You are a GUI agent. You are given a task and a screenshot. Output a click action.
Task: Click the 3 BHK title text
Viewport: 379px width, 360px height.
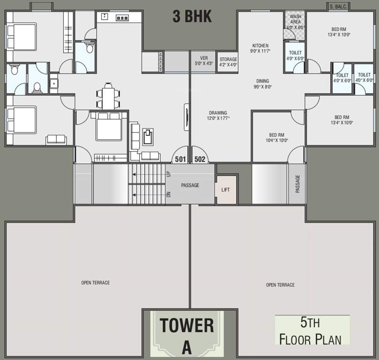coord(192,16)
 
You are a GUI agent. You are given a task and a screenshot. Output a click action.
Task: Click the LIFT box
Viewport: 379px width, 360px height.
coord(226,190)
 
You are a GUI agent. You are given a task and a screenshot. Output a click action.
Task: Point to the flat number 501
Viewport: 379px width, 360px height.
coord(181,159)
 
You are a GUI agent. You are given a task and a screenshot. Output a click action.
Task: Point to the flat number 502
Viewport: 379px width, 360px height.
coord(200,159)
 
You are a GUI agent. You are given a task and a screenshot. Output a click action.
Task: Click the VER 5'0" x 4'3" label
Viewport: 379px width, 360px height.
coord(204,60)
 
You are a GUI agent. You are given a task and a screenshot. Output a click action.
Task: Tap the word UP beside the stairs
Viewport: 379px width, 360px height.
coord(169,173)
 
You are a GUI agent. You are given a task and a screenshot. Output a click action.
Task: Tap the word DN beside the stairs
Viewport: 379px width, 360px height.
coord(169,193)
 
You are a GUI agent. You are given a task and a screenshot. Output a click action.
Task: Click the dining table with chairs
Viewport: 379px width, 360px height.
coord(108,97)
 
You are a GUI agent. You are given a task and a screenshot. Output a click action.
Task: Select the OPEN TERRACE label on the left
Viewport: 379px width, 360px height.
coord(95,283)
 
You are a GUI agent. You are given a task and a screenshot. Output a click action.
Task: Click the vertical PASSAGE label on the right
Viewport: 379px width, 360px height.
coord(297,184)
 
